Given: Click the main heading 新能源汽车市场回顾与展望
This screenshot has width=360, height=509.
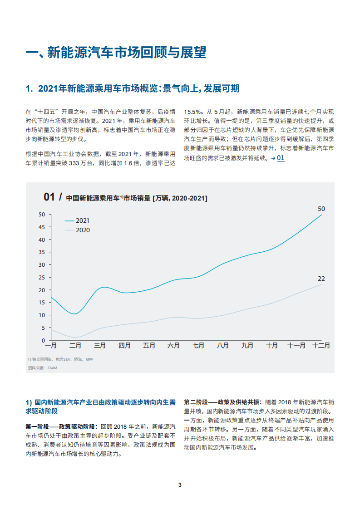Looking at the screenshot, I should (116, 53).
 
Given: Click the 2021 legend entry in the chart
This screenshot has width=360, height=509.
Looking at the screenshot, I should (82, 220).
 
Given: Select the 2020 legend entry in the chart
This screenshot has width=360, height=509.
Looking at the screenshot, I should (82, 230).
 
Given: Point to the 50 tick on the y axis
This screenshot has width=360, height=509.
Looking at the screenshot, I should (42, 214).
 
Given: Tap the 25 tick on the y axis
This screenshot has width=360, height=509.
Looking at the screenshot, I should (42, 277).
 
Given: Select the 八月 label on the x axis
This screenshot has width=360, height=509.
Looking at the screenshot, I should (222, 346).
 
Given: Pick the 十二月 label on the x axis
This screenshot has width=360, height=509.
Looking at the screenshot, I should (321, 346).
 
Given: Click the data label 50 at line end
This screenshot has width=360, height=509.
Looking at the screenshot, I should (321, 209).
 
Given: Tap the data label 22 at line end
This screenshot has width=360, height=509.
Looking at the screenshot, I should (321, 279).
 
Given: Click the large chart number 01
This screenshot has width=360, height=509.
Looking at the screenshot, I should (49, 197).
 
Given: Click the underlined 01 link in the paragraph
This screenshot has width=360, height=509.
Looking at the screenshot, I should (281, 158).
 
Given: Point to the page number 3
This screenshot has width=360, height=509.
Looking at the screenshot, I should (180, 485).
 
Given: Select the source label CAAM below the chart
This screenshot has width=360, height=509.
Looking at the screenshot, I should (52, 368).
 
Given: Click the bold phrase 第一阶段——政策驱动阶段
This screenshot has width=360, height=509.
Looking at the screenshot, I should (62, 426).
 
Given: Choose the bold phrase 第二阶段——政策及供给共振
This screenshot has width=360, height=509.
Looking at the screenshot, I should (222, 402).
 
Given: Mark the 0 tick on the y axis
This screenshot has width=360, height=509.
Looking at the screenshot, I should (44, 340).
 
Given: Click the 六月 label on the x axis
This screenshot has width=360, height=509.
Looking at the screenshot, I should (173, 346).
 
